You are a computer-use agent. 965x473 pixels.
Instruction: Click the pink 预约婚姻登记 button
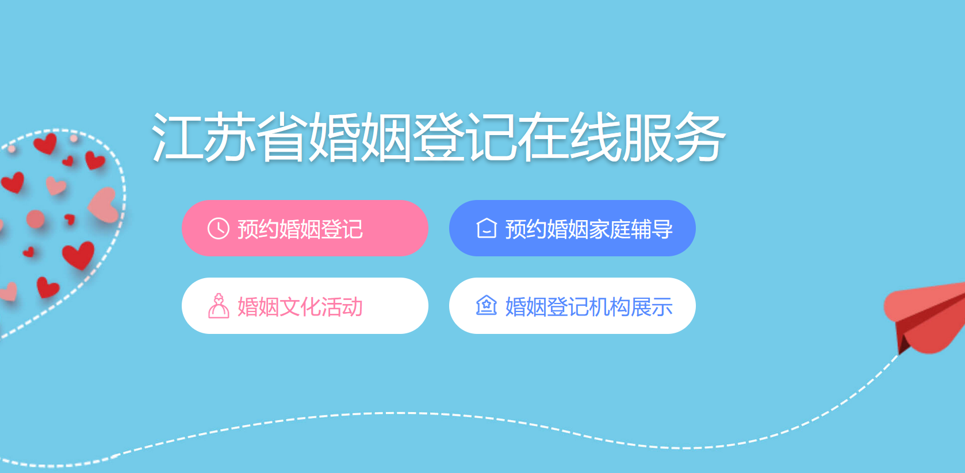point(305,228)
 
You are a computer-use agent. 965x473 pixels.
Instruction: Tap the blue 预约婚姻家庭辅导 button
point(572,228)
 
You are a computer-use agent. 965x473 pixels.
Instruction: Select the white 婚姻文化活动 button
point(305,306)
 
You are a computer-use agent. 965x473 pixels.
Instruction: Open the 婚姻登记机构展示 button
point(572,306)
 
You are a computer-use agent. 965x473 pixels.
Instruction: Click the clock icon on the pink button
point(219,228)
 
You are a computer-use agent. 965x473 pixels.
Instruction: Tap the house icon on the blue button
point(487,228)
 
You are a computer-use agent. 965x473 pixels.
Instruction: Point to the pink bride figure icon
point(219,306)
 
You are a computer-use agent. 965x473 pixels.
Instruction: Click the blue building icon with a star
point(487,306)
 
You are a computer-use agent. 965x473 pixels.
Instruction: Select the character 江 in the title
point(177,137)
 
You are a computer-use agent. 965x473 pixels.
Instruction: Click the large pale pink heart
point(104,205)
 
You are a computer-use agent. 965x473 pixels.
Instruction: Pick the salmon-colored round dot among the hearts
point(35,218)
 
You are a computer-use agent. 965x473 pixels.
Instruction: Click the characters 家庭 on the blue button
point(610,229)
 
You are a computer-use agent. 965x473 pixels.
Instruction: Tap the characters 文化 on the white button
point(300,307)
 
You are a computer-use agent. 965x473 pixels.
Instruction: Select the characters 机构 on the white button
point(610,307)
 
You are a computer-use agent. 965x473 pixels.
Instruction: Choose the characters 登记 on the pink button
point(342,229)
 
